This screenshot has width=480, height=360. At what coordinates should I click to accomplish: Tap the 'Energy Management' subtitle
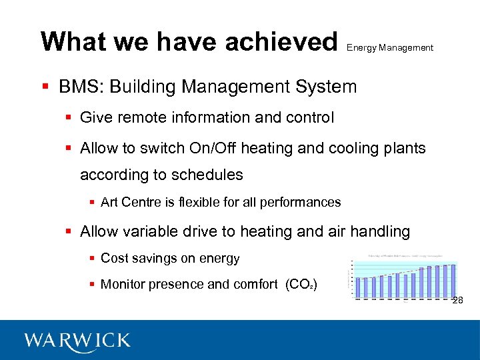point(390,48)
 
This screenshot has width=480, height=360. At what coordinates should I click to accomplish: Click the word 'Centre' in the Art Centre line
point(147,202)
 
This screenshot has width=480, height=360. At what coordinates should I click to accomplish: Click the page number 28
point(457,301)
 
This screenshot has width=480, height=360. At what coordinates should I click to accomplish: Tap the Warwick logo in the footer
point(77,341)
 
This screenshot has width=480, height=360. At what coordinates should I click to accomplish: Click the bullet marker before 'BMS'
point(45,87)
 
